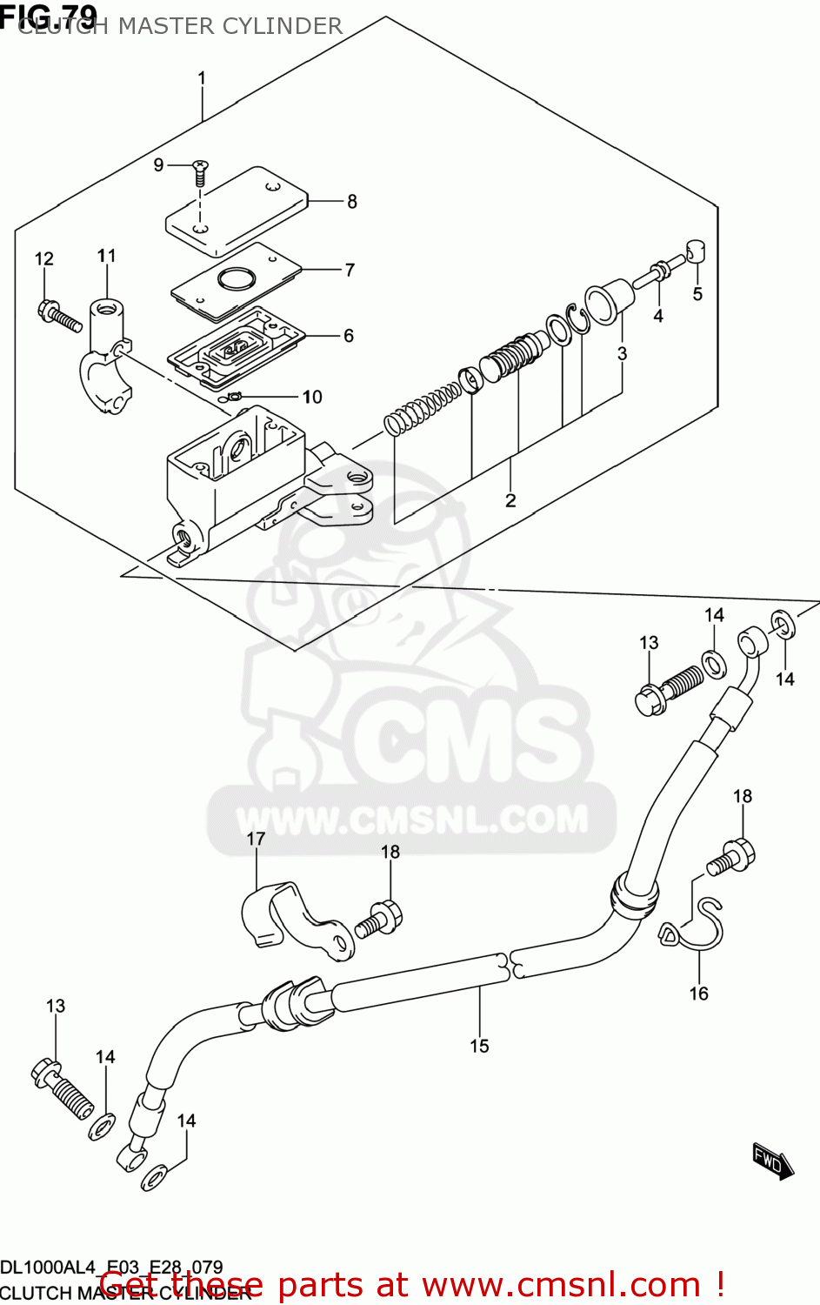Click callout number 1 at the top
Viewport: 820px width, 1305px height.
click(202, 78)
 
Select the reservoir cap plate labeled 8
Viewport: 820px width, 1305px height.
click(237, 211)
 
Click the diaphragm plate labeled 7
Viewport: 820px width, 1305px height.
click(236, 278)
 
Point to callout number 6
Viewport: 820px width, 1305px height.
click(349, 336)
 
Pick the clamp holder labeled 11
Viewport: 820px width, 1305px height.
click(107, 352)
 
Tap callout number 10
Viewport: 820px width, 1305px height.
click(312, 397)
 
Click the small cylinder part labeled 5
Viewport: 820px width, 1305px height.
click(696, 252)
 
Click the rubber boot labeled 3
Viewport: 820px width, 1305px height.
click(609, 300)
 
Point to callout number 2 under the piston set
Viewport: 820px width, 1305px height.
click(510, 500)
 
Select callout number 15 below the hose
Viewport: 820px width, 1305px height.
click(480, 1046)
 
